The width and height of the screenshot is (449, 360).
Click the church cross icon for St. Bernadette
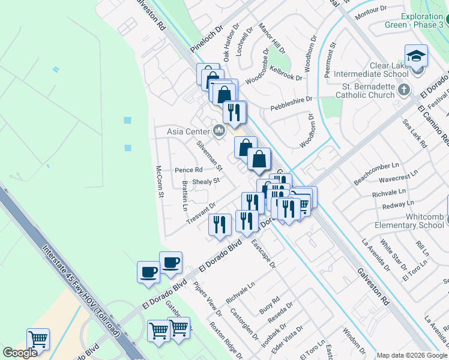tap(405, 90)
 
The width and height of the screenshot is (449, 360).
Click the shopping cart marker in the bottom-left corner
tap(38, 340)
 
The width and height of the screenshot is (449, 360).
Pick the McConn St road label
tap(160, 181)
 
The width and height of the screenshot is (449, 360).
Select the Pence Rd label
tap(188, 170)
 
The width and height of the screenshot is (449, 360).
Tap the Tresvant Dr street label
tap(200, 214)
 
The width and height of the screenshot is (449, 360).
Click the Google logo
tap(20, 353)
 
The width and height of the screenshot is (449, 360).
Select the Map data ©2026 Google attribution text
tap(412, 355)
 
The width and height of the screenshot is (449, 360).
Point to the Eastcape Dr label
tap(263, 254)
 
